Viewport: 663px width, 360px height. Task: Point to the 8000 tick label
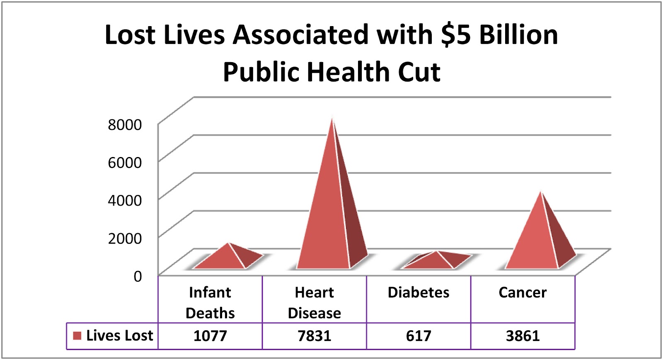125,125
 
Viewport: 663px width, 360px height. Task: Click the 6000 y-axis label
125,162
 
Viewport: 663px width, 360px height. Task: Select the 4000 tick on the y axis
125,201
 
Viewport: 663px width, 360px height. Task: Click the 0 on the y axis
138,276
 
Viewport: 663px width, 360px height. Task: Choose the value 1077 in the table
210,336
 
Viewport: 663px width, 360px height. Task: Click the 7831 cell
315,336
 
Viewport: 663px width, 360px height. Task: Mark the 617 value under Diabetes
419,336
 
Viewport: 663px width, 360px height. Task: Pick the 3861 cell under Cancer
523,336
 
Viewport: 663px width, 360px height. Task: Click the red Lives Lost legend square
77,336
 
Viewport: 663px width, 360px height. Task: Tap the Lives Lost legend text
120,336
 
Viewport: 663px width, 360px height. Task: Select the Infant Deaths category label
210,302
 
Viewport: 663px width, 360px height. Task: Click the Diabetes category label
419,292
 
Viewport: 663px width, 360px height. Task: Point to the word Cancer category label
523,292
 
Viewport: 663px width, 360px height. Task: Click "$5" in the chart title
456,35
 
